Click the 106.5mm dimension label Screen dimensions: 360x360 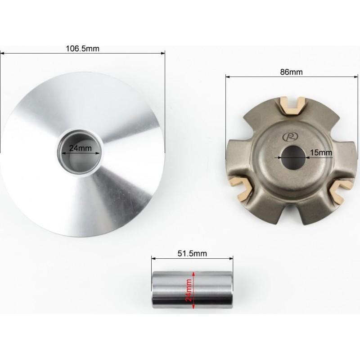pyautogui.click(x=83, y=49)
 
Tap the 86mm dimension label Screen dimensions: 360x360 pyautogui.click(x=291, y=72)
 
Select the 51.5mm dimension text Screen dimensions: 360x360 pyautogui.click(x=192, y=253)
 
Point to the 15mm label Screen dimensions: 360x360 pyautogui.click(x=321, y=153)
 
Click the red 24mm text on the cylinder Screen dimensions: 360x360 pyautogui.click(x=189, y=290)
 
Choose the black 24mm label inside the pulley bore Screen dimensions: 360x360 pyautogui.click(x=81, y=148)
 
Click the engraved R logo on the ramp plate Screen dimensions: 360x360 pyautogui.click(x=290, y=137)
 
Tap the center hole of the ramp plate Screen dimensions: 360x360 pyautogui.click(x=293, y=158)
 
